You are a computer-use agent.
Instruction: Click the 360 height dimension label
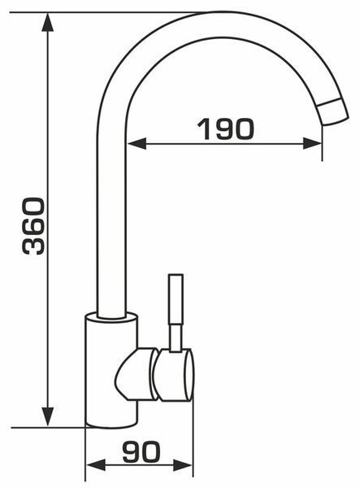point(33,225)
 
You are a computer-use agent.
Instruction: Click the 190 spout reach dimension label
point(226,129)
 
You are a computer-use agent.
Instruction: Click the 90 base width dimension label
point(141,451)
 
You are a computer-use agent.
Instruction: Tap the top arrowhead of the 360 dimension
point(47,22)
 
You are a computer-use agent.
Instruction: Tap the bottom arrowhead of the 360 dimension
point(47,416)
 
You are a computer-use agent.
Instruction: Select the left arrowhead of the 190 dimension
point(137,144)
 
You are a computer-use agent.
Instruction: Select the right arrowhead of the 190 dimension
point(312,144)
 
